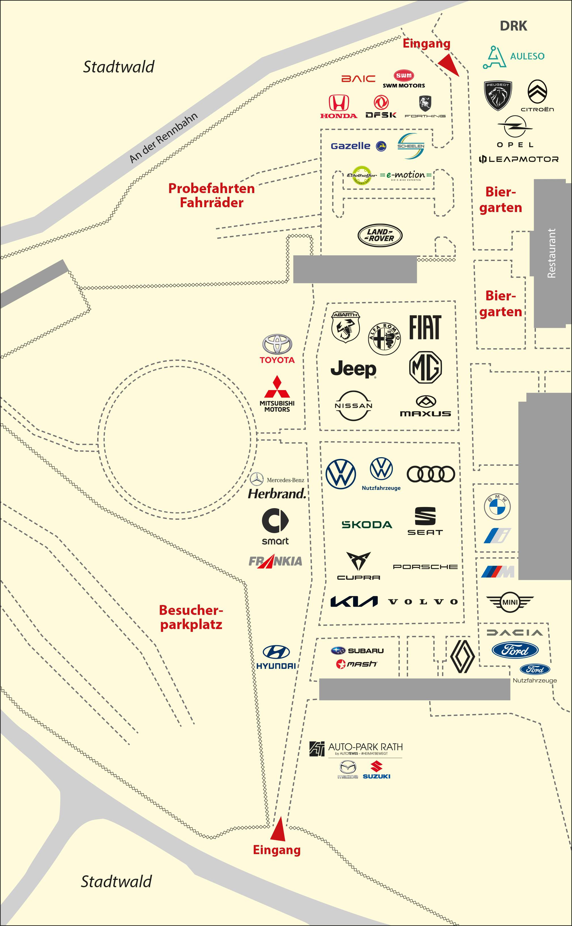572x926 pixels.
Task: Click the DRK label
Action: (513, 26)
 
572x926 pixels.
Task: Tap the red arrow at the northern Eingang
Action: (449, 64)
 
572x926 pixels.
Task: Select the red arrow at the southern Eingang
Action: (279, 829)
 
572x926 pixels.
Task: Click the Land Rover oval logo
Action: (380, 235)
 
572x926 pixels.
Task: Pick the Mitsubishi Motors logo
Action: (277, 394)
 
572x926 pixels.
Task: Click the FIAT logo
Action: (425, 328)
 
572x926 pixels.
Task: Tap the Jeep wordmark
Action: (353, 369)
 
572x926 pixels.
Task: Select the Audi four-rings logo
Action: (430, 474)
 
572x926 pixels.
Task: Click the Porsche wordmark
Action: (425, 566)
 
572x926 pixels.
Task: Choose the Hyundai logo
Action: (276, 657)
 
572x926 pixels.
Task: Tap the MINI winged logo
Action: (510, 602)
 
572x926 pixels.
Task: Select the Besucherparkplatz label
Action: (191, 617)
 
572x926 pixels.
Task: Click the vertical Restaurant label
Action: (552, 253)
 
